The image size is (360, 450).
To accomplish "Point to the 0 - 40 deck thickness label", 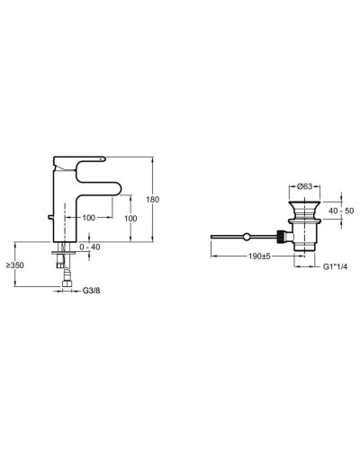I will (89, 247).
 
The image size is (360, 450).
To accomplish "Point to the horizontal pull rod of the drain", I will (234, 238).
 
